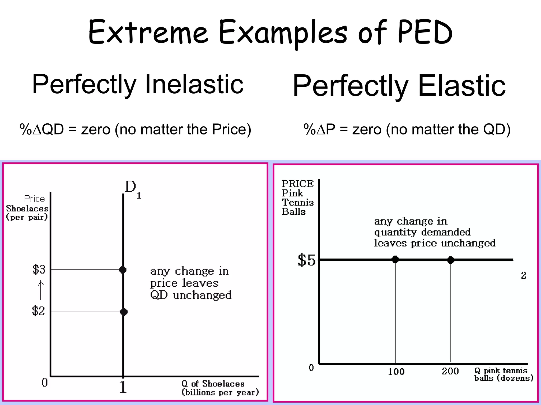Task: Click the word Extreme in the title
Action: click(x=148, y=32)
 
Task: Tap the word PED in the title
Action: click(x=425, y=32)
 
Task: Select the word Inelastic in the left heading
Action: click(x=194, y=84)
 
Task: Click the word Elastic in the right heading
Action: click(x=462, y=86)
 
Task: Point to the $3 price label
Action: click(x=39, y=269)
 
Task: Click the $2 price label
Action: click(x=39, y=311)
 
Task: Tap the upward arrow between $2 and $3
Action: click(x=41, y=290)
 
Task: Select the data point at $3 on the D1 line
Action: click(x=123, y=270)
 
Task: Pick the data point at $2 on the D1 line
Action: click(x=124, y=312)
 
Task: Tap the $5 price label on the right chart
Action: click(x=306, y=260)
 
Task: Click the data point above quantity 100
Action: click(x=395, y=259)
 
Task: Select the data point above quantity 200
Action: click(x=451, y=260)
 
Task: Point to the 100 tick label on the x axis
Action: click(x=396, y=372)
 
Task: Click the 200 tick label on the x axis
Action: click(x=450, y=371)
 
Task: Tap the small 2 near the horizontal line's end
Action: click(x=524, y=276)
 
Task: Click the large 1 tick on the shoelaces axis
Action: click(x=123, y=387)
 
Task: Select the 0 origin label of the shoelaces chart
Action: click(x=45, y=382)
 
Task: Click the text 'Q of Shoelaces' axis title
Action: click(x=213, y=384)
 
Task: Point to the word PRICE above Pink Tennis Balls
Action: click(x=297, y=184)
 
